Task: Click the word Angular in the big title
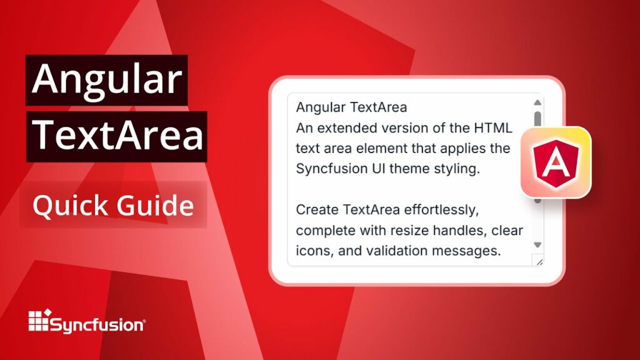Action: [x=106, y=80]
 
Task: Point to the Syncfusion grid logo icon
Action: [x=39, y=321]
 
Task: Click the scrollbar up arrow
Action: [x=537, y=103]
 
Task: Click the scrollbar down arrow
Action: [x=537, y=244]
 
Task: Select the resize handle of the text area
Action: [x=538, y=261]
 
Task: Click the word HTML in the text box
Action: [x=493, y=128]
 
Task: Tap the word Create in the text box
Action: [x=315, y=209]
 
